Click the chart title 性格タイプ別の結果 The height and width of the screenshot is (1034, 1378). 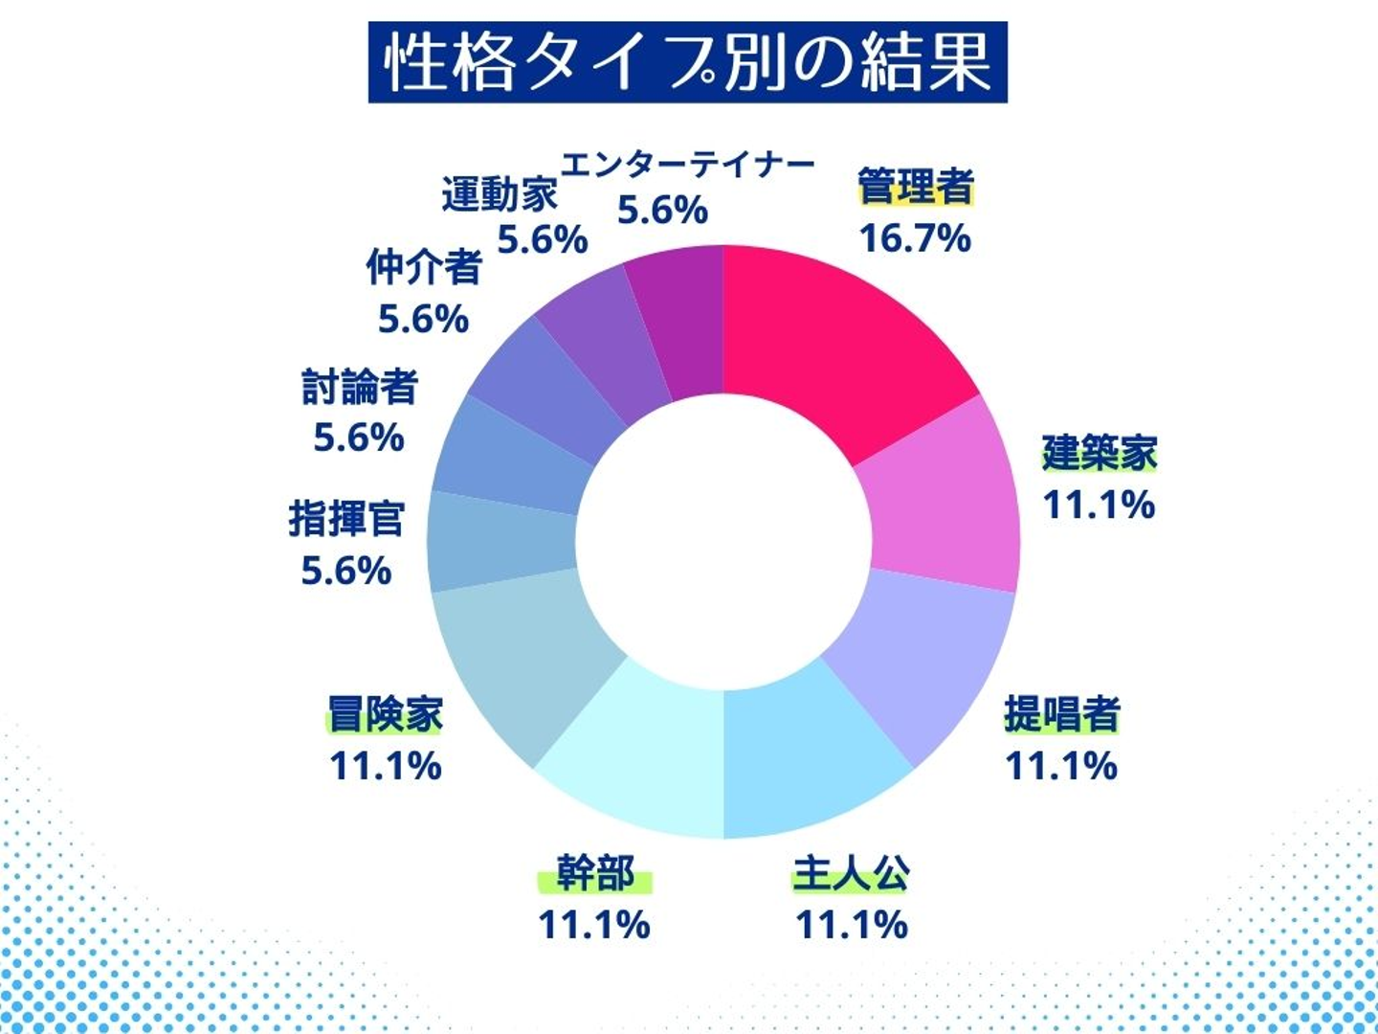point(687,62)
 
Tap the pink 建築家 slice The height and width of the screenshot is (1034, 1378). point(943,498)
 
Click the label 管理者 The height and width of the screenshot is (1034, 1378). point(915,186)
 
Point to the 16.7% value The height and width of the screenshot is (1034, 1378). point(915,237)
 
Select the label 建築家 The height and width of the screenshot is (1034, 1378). point(1100,452)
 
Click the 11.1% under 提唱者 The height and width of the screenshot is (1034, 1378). point(1061,766)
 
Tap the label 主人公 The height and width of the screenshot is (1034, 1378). point(851,874)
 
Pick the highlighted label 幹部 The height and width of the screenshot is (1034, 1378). point(594,874)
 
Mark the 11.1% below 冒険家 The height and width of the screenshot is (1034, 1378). point(386,766)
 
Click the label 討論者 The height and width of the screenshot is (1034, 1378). point(360,387)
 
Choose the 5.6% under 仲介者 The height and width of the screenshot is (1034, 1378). point(423,319)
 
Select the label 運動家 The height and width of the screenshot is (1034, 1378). point(499,194)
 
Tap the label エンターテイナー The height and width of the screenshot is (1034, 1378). point(687,165)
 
